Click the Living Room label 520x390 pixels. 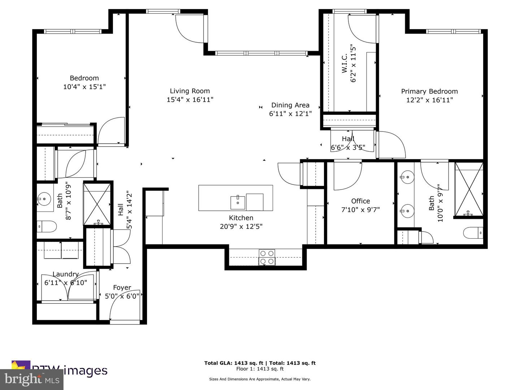click(190, 91)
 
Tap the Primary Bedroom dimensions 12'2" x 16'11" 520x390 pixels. click(429, 100)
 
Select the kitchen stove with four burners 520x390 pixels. click(267, 257)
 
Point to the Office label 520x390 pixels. click(360, 201)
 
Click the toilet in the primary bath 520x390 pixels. click(473, 233)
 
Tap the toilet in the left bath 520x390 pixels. click(47, 227)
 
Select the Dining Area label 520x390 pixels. click(290, 105)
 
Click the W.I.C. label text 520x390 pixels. click(344, 63)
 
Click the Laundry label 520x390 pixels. click(65, 274)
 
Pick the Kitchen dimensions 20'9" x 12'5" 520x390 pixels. click(241, 226)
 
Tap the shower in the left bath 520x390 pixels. click(97, 204)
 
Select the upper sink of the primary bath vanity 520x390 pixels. click(407, 177)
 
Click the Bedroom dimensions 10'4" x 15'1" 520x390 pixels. click(84, 87)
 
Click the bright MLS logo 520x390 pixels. click(32, 379)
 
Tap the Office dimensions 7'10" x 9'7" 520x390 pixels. click(360, 209)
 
